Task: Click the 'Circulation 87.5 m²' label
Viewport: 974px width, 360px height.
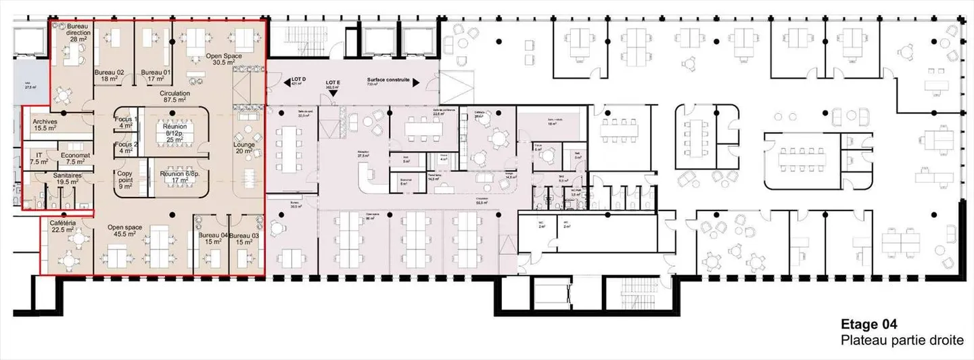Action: [x=175, y=96]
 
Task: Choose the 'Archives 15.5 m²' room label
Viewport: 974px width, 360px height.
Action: [x=45, y=125]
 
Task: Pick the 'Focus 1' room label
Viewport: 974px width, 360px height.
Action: [x=126, y=123]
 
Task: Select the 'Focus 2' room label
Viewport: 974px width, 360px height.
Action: [x=126, y=148]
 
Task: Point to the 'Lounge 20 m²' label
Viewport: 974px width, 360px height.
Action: [x=243, y=148]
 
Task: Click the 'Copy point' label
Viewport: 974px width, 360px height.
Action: [x=126, y=179]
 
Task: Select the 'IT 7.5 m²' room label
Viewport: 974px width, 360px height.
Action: [x=39, y=159]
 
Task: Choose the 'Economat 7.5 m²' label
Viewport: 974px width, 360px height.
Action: [x=71, y=159]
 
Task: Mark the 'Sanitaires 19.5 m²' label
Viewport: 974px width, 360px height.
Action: [x=68, y=179]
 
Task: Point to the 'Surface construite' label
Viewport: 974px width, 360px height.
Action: [x=389, y=80]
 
